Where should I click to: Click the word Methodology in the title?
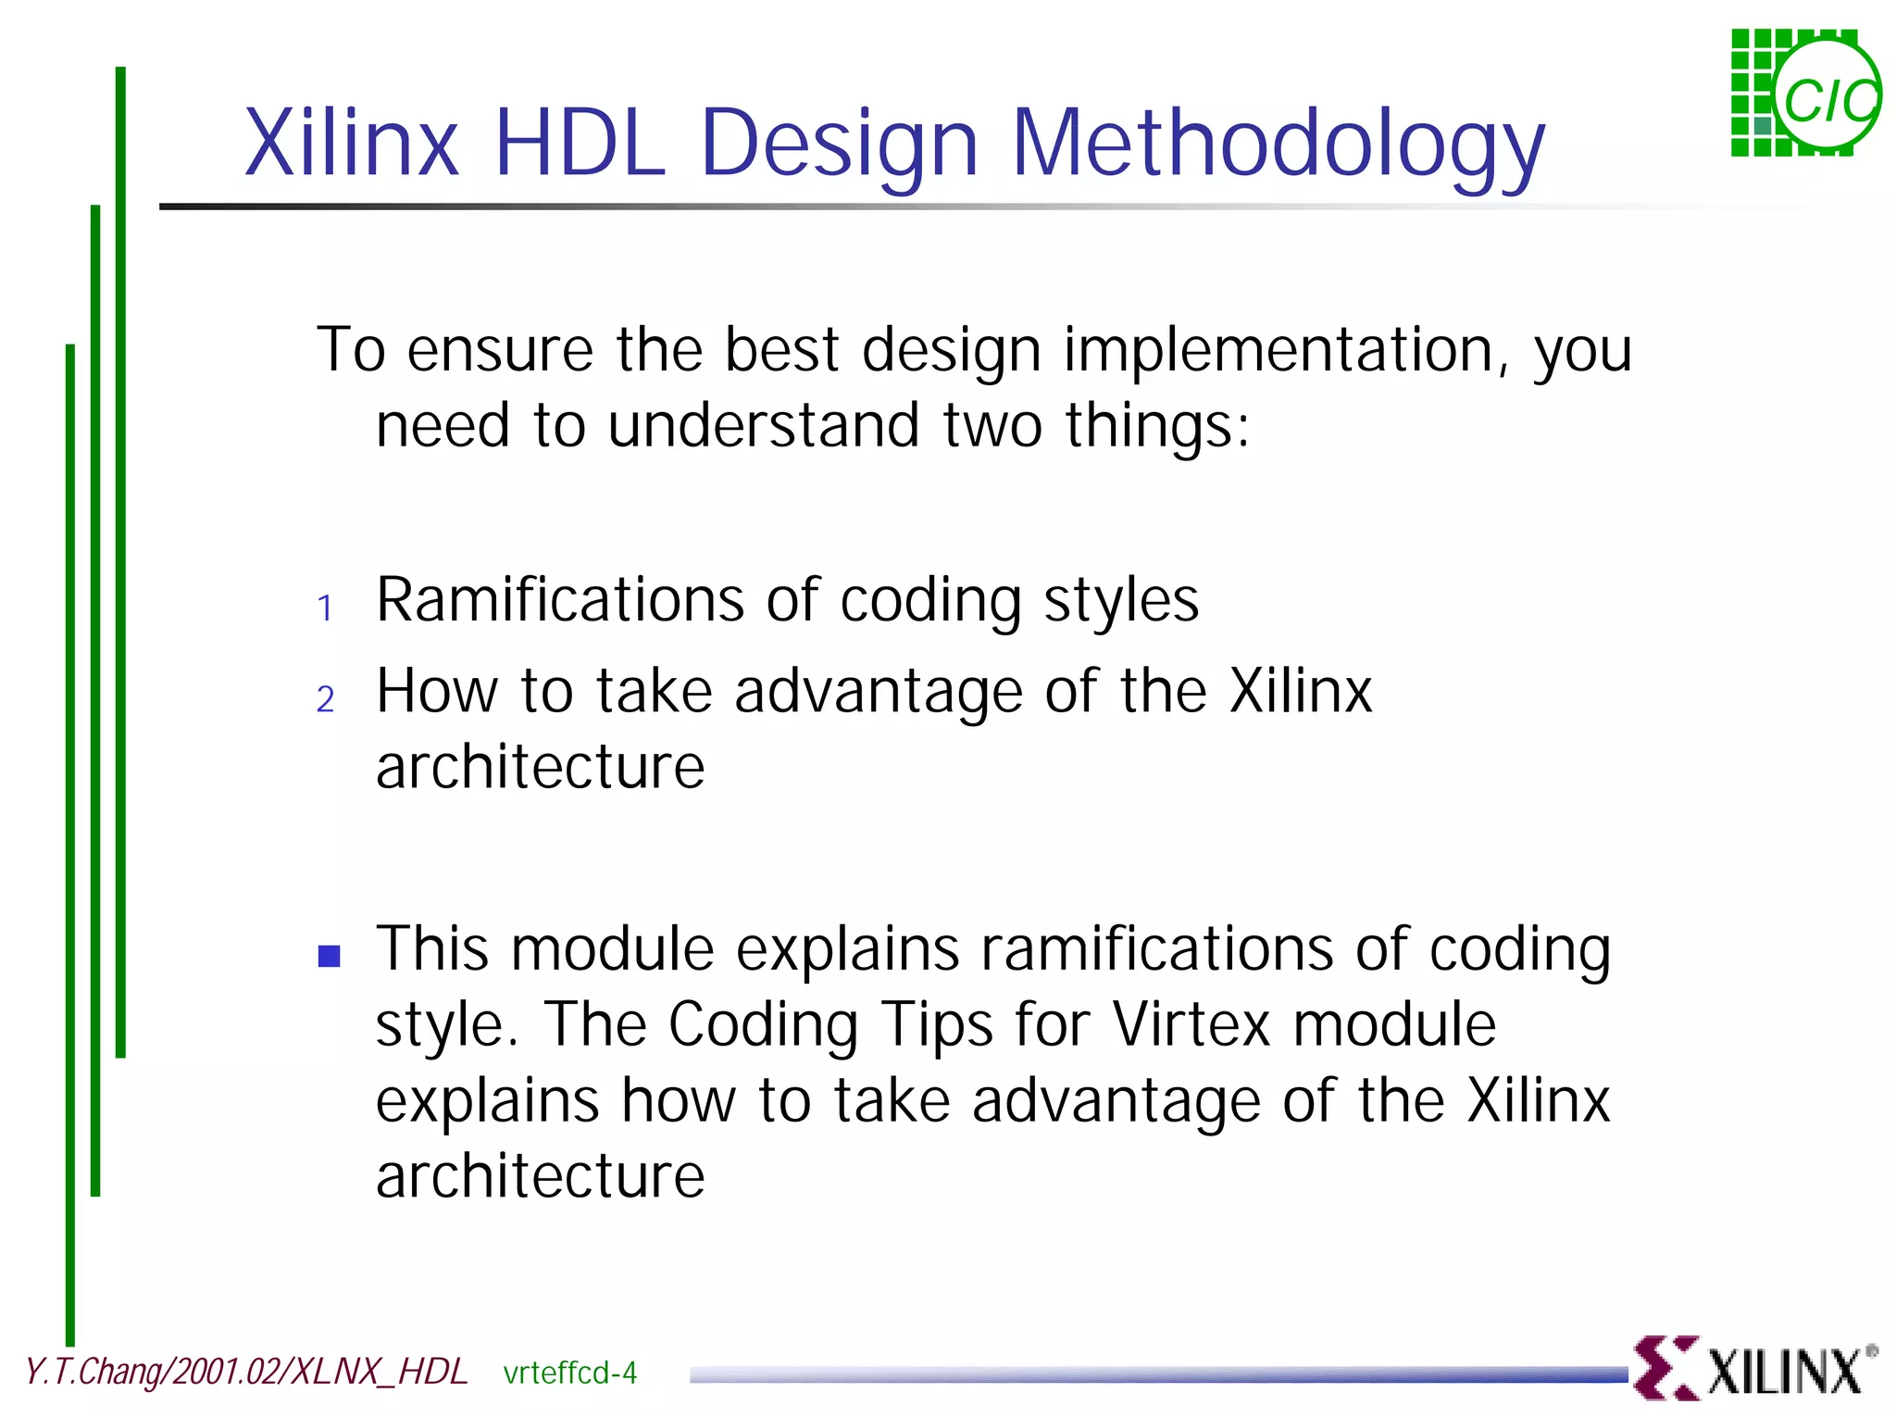pyautogui.click(x=1278, y=144)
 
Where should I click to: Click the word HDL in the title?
pyautogui.click(x=580, y=144)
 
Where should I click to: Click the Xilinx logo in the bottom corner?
pyautogui.click(x=1754, y=1369)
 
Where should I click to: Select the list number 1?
pyautogui.click(x=325, y=608)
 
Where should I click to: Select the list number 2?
pyautogui.click(x=325, y=699)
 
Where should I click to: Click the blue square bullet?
pyautogui.click(x=329, y=956)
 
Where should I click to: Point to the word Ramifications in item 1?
pyautogui.click(x=559, y=600)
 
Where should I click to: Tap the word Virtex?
pyautogui.click(x=1191, y=1025)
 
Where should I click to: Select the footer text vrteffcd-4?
pyautogui.click(x=569, y=1373)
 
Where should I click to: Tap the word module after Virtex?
pyautogui.click(x=1393, y=1025)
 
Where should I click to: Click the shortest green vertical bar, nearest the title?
pyautogui.click(x=120, y=556)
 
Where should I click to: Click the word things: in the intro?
pyautogui.click(x=1156, y=426)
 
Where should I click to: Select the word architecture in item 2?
pyautogui.click(x=540, y=768)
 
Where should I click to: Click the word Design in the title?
pyautogui.click(x=839, y=144)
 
